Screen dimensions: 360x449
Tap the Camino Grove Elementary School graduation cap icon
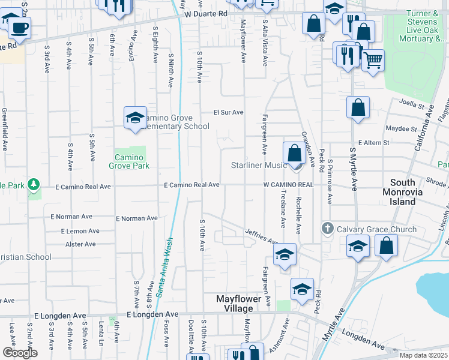135,117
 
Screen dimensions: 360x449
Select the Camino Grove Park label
129,161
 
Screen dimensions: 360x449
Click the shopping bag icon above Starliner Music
294,152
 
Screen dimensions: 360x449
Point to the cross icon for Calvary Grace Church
328,229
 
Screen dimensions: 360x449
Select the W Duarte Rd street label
206,13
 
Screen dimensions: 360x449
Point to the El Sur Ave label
229,112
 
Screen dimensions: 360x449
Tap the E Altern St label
373,143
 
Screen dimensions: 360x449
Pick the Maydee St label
401,128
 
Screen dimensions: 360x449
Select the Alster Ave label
80,244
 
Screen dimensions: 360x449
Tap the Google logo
20,353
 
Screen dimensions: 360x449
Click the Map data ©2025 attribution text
423,355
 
